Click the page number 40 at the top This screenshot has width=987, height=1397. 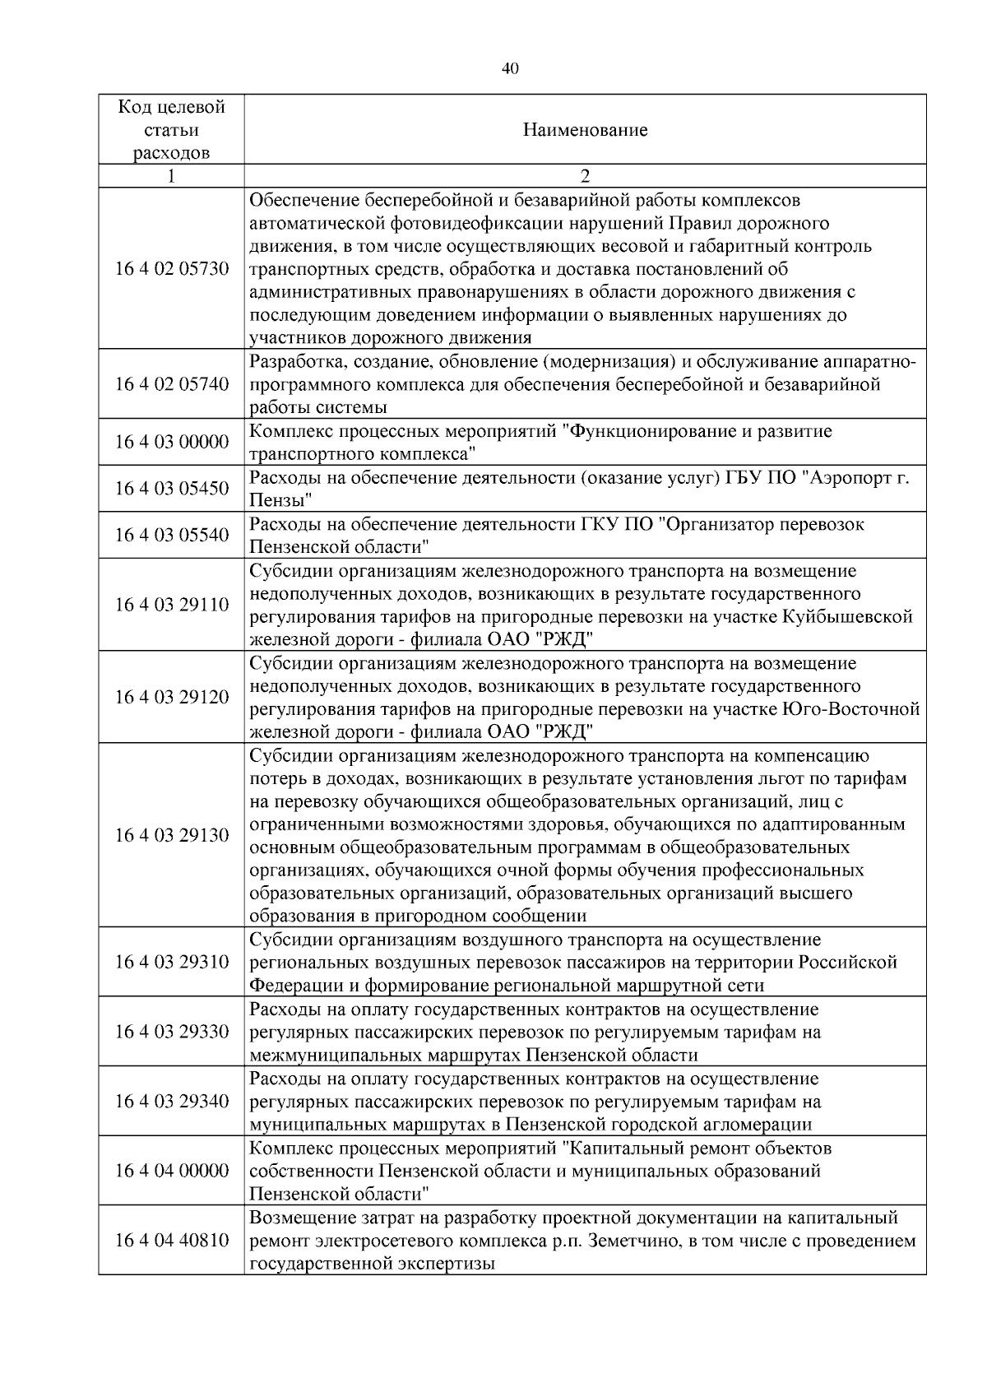click(510, 69)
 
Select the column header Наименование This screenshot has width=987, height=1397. click(585, 130)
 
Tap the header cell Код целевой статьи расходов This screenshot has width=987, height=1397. click(171, 130)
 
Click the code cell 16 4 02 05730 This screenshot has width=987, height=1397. click(171, 269)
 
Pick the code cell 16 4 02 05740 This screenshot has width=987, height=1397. click(171, 384)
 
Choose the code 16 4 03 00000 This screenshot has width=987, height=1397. click(171, 443)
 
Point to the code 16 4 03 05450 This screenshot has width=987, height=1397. click(171, 489)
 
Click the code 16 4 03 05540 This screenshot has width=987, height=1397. click(171, 535)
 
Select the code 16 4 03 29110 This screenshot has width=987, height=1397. click(171, 605)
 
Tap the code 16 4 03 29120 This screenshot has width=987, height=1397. click(171, 697)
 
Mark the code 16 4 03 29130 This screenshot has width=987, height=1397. click(171, 835)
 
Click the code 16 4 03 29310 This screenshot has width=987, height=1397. click(171, 962)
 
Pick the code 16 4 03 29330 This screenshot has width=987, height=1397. click(171, 1031)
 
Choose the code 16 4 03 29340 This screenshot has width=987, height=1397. click(171, 1101)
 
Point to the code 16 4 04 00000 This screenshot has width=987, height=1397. click(171, 1170)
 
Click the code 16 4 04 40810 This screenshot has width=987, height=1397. click(171, 1240)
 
